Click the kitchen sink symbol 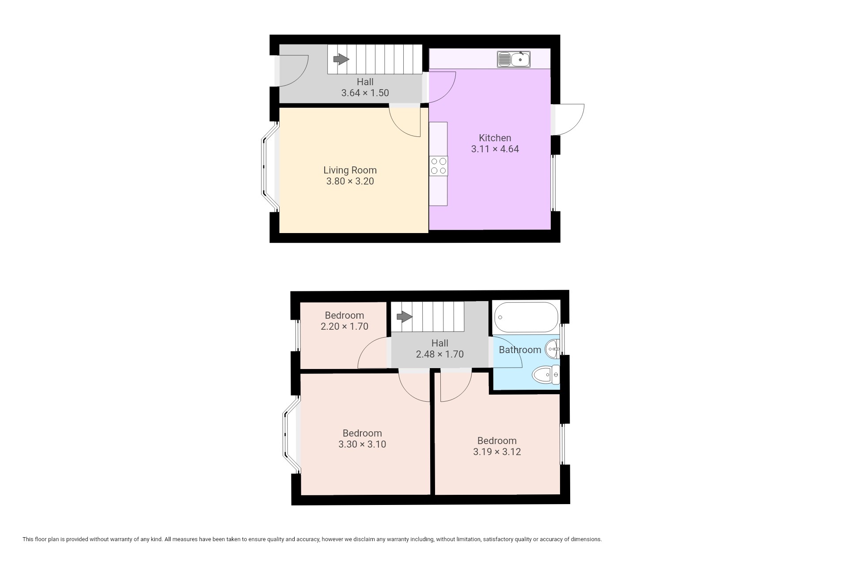coord(514,59)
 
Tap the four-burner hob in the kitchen coord(438,166)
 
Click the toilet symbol coord(546,375)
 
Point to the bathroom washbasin coord(553,350)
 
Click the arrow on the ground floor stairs coord(341,59)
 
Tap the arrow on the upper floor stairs coord(405,316)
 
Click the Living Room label coord(350,170)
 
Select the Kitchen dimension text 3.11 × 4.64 coord(495,149)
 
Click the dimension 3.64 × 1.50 coord(365,93)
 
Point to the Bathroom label coord(520,350)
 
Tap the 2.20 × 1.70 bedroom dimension coord(344,326)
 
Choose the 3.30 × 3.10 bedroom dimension coord(362,444)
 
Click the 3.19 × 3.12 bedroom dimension coord(497,452)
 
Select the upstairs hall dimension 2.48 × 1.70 coord(439,354)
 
